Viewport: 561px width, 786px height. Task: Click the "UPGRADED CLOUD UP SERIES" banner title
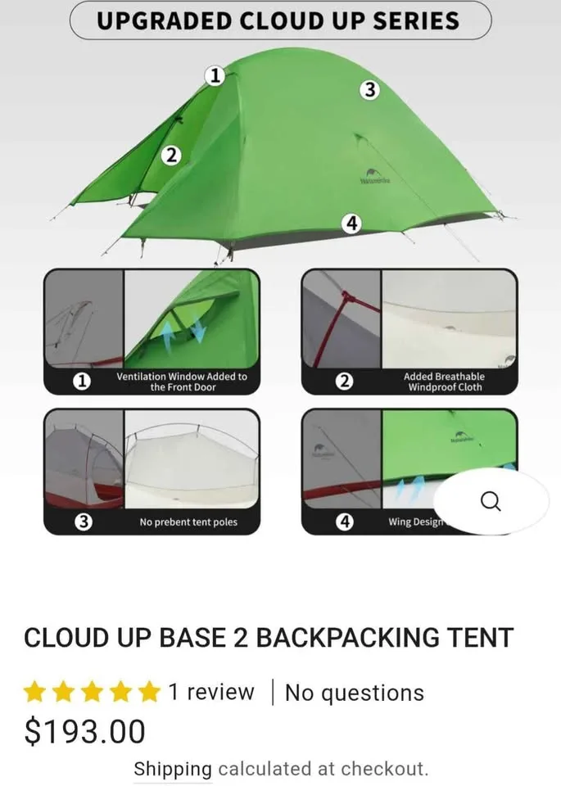coord(278,20)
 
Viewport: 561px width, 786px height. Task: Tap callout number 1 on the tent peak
coord(215,76)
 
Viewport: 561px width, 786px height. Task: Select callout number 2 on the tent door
coord(170,155)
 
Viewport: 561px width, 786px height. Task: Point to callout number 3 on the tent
coord(370,90)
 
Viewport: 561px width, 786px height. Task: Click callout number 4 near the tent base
coord(351,223)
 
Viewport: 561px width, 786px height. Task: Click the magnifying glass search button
coord(491,501)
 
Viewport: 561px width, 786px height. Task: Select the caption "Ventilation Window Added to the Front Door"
coord(181,382)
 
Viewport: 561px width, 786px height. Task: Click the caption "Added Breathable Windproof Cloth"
coord(444,382)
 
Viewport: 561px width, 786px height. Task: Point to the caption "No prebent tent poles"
coord(188,522)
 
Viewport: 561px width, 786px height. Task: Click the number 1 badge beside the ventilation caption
coord(82,382)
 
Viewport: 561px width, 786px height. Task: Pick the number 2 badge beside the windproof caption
coord(345,382)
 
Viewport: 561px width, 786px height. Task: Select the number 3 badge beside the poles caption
coord(83,522)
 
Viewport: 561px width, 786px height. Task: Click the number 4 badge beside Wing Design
coord(345,522)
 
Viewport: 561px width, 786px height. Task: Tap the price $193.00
coord(84,731)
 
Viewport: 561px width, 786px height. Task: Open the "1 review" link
coord(211,693)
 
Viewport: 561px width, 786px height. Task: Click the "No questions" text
coord(354,693)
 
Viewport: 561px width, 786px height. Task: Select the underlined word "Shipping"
coord(172,769)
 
